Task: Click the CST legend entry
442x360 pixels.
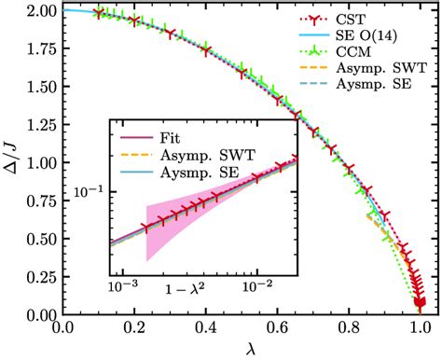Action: click(x=368, y=21)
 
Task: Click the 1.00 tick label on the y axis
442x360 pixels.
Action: click(x=36, y=163)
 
